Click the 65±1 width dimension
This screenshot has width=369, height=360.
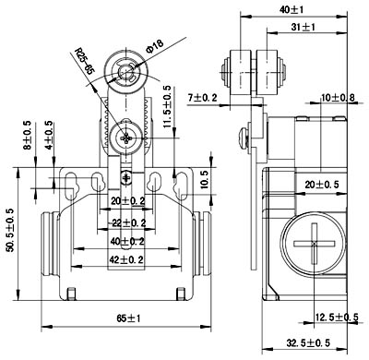coord(128,318)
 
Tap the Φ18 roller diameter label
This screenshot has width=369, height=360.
coord(154,46)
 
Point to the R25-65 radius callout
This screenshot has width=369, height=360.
coord(85,61)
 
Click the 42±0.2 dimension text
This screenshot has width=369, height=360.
coord(126,260)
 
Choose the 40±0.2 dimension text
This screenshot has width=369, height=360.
coord(127,242)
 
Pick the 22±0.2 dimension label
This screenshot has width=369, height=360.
coord(127,222)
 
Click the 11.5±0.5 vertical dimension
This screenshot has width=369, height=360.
coord(167,106)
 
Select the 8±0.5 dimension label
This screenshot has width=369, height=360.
coord(28,135)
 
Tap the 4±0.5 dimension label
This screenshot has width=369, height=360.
coord(48,134)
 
